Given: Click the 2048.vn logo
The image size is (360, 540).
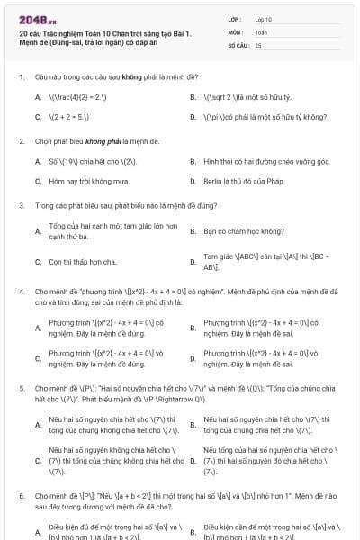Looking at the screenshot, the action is click(x=37, y=19).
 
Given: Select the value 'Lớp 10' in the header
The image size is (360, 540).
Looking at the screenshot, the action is click(x=264, y=18).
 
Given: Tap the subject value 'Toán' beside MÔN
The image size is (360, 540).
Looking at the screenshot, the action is click(x=261, y=31).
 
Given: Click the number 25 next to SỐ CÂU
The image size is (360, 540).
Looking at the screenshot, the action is click(x=258, y=44).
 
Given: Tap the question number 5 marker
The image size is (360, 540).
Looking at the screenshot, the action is click(x=21, y=391).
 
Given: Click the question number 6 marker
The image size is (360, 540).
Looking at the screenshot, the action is click(x=21, y=495).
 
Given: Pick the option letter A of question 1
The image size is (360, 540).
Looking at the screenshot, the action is click(x=38, y=96).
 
